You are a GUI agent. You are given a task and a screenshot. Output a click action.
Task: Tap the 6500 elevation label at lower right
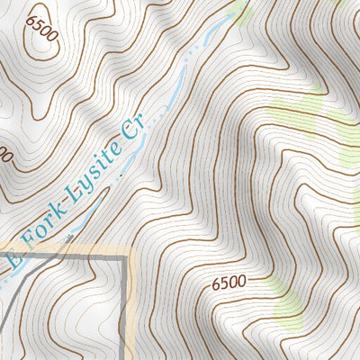(x=229, y=283)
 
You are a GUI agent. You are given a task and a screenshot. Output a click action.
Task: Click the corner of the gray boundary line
(x=124, y=258)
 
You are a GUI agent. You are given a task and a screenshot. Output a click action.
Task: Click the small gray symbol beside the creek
(x=69, y=237)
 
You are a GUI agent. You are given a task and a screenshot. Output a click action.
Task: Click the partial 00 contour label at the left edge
(x=4, y=156)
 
